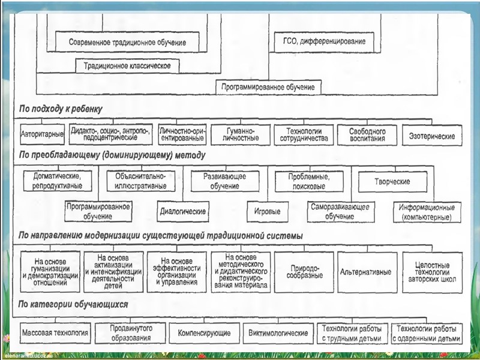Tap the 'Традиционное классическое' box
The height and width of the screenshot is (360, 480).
128,66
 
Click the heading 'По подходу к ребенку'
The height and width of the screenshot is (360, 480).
61,109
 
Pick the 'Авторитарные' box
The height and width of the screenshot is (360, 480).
41,134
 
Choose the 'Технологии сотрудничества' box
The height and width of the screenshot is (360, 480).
304,134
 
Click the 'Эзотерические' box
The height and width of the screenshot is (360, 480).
432,135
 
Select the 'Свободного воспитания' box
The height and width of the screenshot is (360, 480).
368,134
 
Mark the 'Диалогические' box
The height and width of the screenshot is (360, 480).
184,211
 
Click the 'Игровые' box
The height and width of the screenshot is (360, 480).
267,211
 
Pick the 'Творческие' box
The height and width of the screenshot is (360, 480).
393,181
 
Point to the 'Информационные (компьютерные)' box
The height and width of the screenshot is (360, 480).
427,211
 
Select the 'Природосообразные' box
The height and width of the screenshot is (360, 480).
304,272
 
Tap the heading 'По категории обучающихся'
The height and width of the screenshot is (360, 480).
73,305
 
